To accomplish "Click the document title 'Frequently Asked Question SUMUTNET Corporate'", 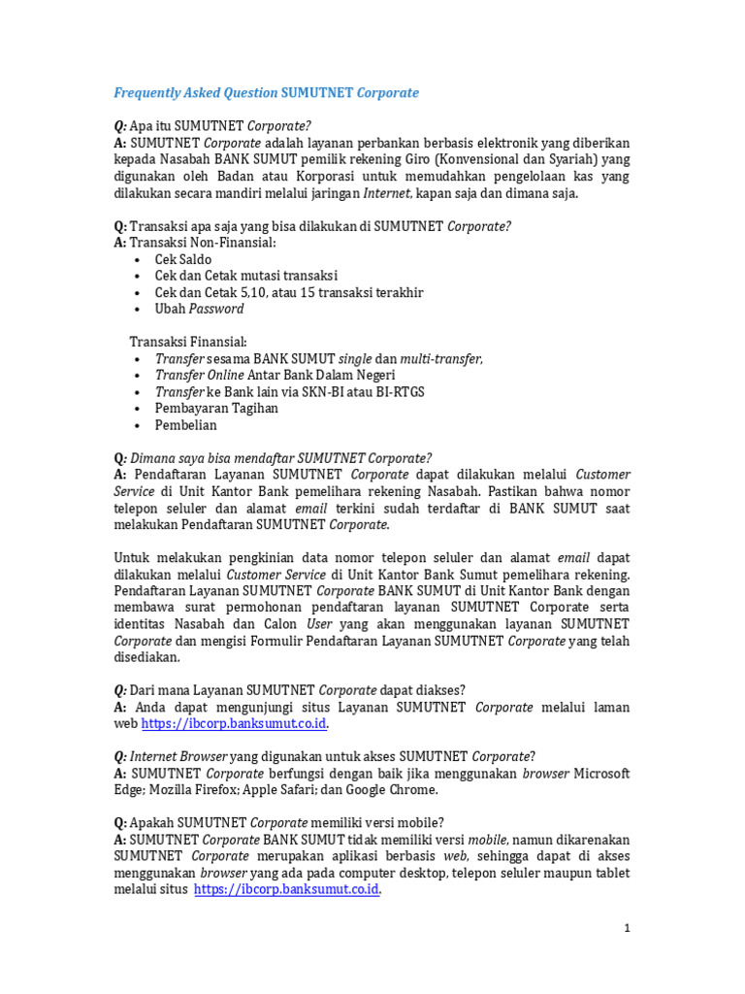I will pyautogui.click(x=266, y=93).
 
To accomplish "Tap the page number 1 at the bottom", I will pyautogui.click(x=628, y=929).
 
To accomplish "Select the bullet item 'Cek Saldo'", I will pyautogui.click(x=182, y=259).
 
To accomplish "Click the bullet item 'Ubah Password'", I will pyautogui.click(x=199, y=309).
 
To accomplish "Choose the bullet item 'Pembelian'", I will pyautogui.click(x=185, y=425).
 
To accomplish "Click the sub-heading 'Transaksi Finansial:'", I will pyautogui.click(x=188, y=342).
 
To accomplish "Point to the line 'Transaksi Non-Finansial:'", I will pyautogui.click(x=194, y=243).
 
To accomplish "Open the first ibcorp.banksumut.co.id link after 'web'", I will pyautogui.click(x=235, y=724).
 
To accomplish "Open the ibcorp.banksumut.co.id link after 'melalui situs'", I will pyautogui.click(x=286, y=889).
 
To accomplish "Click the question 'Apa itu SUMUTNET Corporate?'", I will pyautogui.click(x=212, y=126).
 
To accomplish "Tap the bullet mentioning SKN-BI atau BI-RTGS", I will pyautogui.click(x=289, y=391).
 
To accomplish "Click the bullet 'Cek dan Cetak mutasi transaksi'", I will pyautogui.click(x=246, y=276).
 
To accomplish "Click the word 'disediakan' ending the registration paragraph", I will pyautogui.click(x=146, y=657).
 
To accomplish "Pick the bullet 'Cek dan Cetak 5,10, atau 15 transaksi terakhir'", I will pyautogui.click(x=288, y=292).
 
